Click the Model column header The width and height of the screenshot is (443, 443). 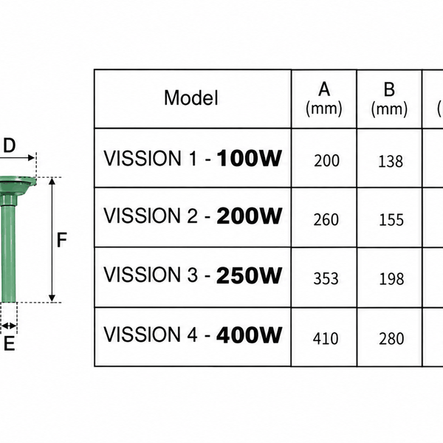point(191,97)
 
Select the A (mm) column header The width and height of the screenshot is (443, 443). point(324,99)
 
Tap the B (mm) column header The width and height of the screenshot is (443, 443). point(389,99)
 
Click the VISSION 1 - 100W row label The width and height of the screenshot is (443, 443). point(193,158)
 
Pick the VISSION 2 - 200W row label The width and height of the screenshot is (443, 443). point(193,216)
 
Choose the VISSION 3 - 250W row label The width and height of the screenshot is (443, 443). point(193,275)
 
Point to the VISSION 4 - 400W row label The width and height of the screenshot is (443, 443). point(193,334)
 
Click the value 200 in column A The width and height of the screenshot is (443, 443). point(326,161)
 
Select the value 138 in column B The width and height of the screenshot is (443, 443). point(391,162)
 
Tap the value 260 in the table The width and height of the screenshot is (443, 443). point(326,220)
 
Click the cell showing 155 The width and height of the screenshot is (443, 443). point(391,220)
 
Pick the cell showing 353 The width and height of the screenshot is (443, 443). point(326,278)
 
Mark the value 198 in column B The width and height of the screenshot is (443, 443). point(391,279)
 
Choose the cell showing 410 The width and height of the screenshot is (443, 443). point(326,338)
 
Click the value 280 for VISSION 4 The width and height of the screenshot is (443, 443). point(391,339)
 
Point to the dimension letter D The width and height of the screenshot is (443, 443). point(10,145)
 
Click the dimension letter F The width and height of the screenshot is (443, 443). point(61,240)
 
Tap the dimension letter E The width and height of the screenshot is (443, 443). point(9,343)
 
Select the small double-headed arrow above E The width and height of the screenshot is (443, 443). point(9,326)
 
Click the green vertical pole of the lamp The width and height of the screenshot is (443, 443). point(8,253)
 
